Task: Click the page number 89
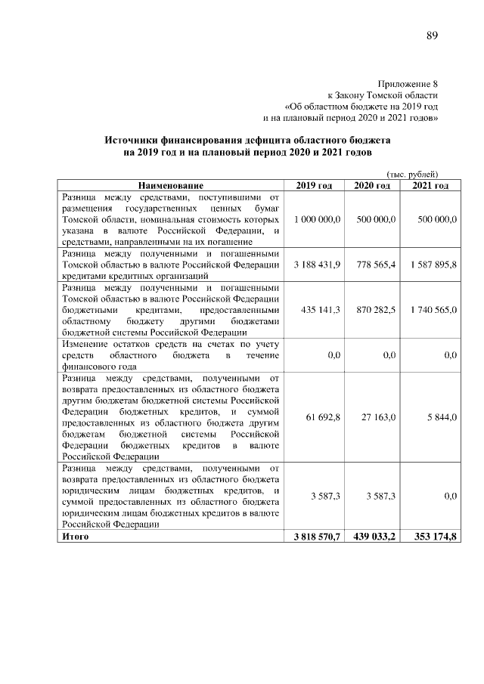click(433, 36)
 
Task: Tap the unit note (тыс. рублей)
click(412, 175)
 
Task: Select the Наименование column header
click(170, 185)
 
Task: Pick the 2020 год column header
click(372, 185)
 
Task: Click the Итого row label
click(76, 536)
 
